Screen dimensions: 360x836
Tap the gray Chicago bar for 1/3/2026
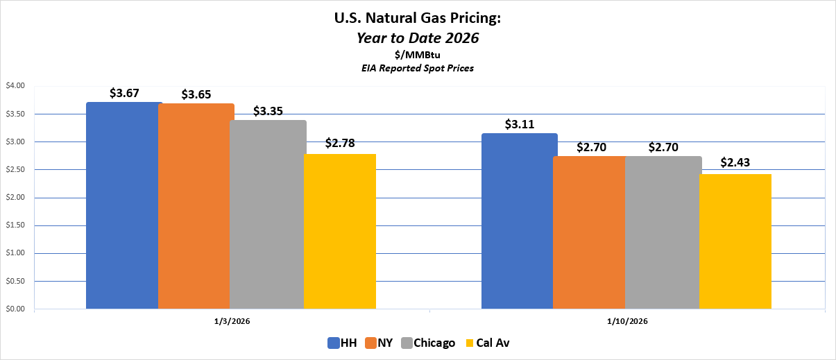(268, 214)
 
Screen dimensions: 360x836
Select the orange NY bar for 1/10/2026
(590, 232)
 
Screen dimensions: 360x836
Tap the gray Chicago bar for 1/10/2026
(663, 232)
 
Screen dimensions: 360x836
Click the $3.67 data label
(124, 92)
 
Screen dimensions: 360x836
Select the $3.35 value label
(268, 111)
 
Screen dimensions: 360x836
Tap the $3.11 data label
(520, 124)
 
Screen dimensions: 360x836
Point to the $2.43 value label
(735, 163)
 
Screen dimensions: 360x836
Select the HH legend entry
(343, 343)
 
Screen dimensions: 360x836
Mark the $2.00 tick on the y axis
(15, 198)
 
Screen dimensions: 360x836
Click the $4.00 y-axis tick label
(15, 86)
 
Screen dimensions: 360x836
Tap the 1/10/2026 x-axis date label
(627, 321)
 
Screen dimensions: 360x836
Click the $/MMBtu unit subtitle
(418, 55)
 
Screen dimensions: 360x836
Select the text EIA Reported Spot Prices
(418, 68)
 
